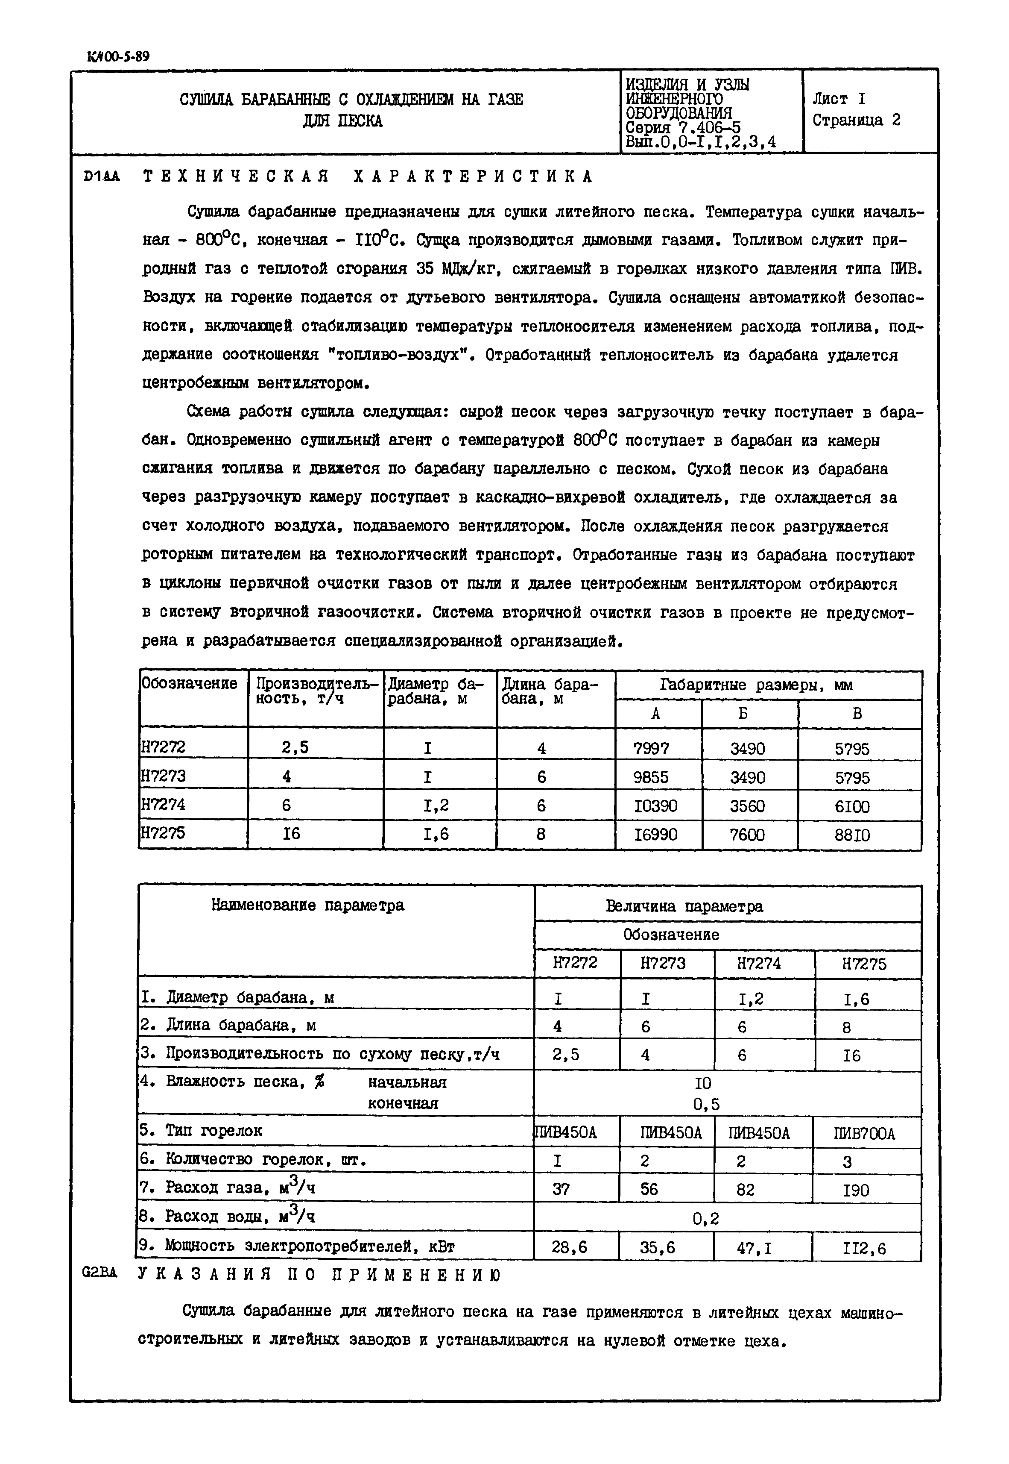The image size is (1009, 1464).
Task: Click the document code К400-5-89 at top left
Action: coord(118,56)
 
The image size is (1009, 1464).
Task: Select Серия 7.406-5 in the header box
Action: coord(683,128)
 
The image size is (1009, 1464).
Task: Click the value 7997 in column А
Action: coord(651,749)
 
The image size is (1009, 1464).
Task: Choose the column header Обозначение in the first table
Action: coord(189,684)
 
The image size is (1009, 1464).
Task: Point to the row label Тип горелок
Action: coord(213,1131)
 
